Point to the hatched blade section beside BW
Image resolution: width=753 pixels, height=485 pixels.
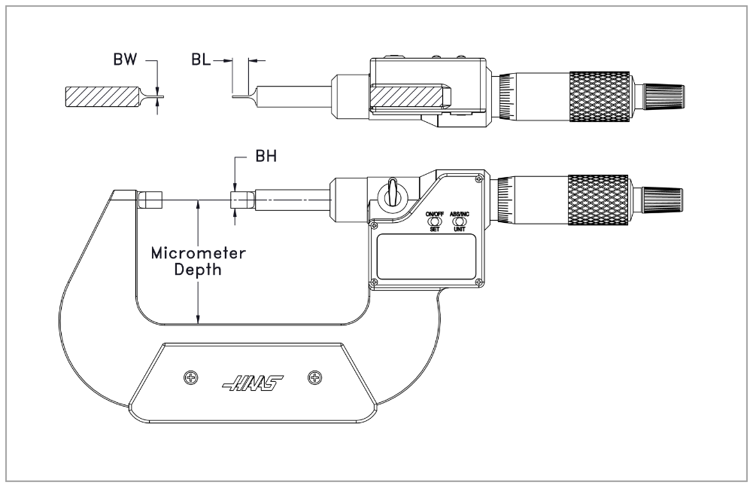click(102, 96)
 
